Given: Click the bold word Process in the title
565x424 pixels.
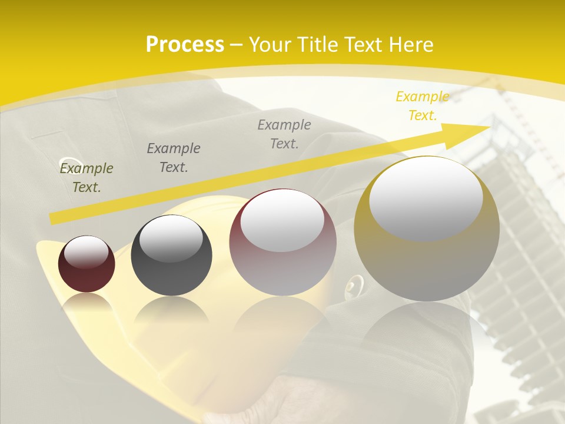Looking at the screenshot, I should pos(185,44).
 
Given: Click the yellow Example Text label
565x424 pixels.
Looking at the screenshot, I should pos(423,106).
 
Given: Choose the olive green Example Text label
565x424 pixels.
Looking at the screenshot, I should pos(87,177).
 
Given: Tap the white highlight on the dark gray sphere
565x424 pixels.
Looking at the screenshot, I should pos(171,238).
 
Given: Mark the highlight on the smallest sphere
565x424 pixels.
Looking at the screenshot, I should pos(87,252).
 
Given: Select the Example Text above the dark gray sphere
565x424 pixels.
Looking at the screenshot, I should pos(174,157).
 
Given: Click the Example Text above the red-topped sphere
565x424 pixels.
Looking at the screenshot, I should pos(284,134).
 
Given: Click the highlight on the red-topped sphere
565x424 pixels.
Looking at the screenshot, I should pos(282,221).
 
